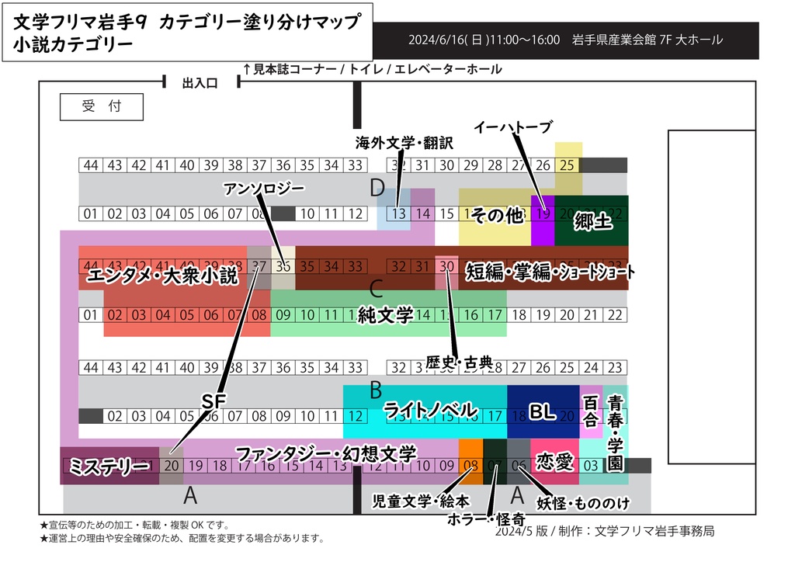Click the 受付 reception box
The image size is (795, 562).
(x=102, y=107)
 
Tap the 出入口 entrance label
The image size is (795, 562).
(x=200, y=82)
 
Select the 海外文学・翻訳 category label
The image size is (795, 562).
(x=404, y=143)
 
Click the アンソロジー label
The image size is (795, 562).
(x=264, y=189)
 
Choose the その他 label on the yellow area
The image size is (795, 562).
(x=498, y=217)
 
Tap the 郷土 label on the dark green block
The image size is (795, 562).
(x=594, y=222)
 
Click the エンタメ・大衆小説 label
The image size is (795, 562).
(x=162, y=275)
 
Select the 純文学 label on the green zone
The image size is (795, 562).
(x=385, y=314)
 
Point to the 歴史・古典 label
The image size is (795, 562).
(x=459, y=362)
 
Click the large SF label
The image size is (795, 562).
(x=213, y=401)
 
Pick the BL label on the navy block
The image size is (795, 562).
(x=542, y=412)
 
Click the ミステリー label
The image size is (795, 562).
(x=109, y=467)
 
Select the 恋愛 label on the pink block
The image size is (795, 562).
(x=554, y=463)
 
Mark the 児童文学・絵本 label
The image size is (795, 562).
(x=421, y=501)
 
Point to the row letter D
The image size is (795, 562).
(x=377, y=187)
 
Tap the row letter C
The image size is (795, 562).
(x=376, y=290)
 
